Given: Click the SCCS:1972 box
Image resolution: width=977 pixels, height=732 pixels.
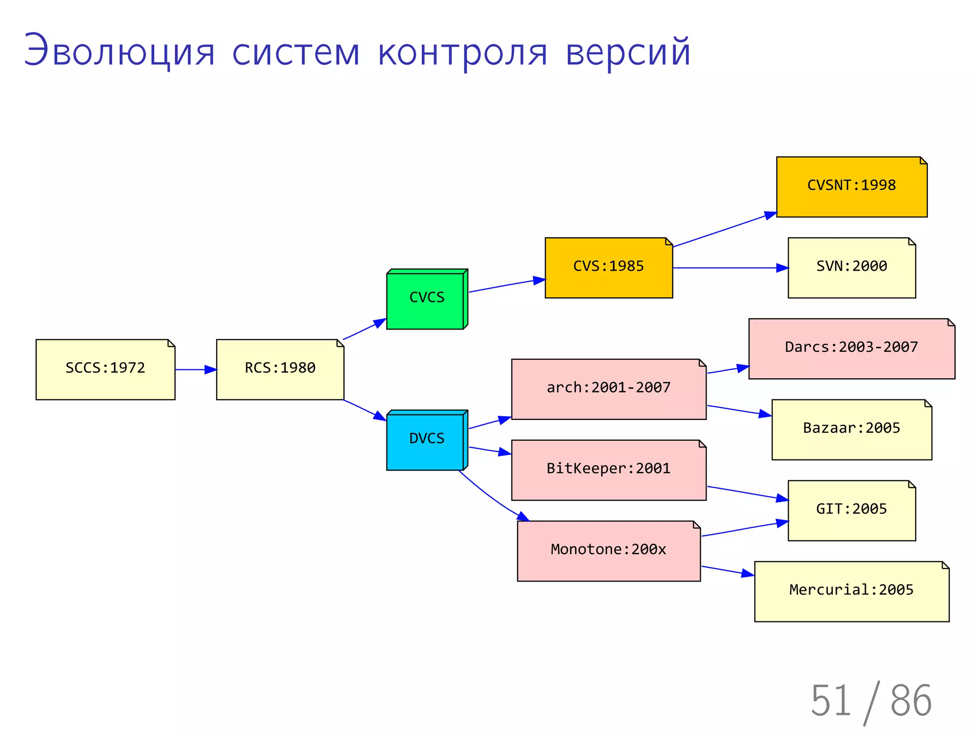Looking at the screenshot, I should (105, 369).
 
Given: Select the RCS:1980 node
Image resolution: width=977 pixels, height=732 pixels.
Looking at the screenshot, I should (280, 369).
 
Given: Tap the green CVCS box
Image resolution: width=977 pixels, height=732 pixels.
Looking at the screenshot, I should (426, 300).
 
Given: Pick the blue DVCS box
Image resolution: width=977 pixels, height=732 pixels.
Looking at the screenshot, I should (426, 441).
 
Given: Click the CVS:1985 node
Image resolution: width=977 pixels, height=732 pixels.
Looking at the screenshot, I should (609, 268).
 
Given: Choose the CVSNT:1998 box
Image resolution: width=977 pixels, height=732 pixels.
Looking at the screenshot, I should (852, 187).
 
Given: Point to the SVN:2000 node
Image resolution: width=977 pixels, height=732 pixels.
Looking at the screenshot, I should (852, 268).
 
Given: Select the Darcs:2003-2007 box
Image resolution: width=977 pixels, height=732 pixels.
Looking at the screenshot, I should (852, 349).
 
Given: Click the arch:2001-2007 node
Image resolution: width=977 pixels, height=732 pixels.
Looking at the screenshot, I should (609, 389).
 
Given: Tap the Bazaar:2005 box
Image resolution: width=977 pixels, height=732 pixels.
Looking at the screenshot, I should (852, 430).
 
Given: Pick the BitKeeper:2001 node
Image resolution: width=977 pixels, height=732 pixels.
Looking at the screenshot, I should (609, 470).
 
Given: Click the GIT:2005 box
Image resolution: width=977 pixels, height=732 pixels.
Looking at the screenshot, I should (852, 510).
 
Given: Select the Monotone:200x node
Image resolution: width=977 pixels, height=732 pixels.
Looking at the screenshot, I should (609, 551).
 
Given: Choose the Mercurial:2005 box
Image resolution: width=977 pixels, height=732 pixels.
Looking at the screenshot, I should (852, 591).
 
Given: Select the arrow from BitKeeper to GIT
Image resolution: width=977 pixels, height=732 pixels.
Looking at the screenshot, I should (747, 493).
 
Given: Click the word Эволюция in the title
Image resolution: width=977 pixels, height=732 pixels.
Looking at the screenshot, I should (119, 51).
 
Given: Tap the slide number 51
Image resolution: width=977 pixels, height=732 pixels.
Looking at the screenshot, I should (831, 700).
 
